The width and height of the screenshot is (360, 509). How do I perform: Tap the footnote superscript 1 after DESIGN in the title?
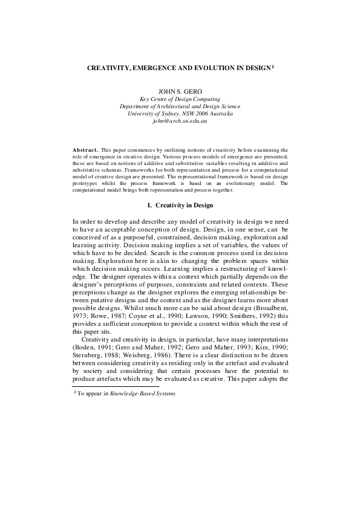pyautogui.click(x=273, y=68)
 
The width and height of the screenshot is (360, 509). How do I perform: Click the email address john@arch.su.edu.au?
pyautogui.click(x=180, y=122)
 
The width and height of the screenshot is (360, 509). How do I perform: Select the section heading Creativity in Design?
pyautogui.click(x=186, y=205)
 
